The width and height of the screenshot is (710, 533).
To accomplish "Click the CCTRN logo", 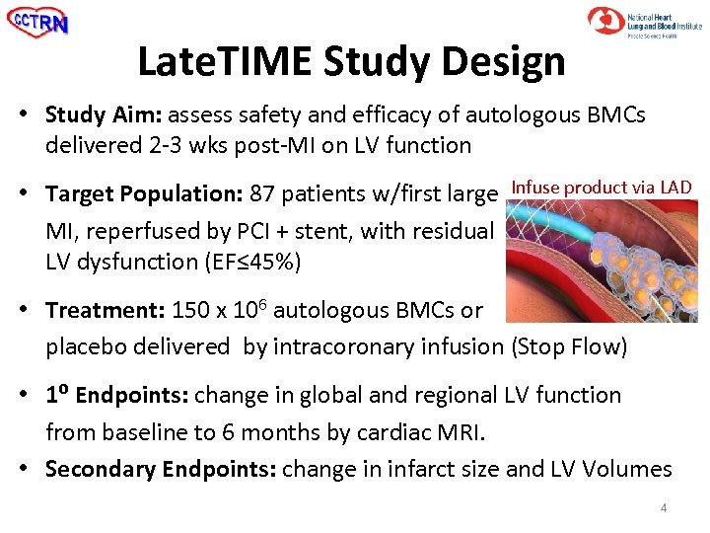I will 38,23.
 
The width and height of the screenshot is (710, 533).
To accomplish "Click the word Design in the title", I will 508,61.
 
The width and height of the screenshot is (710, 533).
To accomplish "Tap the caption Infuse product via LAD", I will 602,188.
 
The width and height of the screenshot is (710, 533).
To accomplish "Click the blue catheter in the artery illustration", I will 562,217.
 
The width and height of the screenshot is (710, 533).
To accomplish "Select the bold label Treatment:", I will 106,310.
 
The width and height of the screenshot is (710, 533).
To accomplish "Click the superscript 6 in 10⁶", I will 261,303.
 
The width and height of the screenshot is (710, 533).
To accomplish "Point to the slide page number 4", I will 664,508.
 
